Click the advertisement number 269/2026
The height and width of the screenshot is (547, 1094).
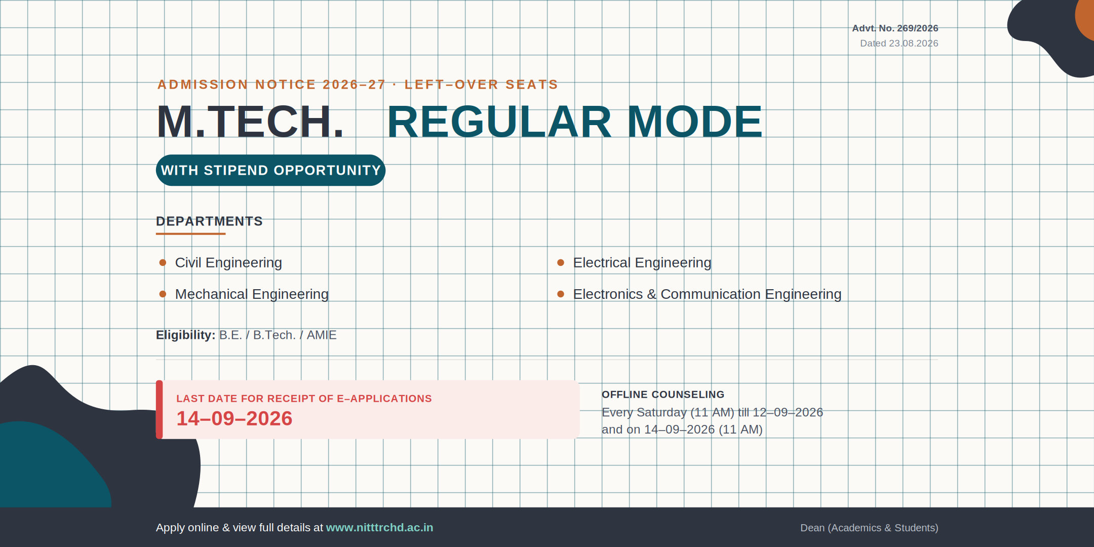click(x=917, y=28)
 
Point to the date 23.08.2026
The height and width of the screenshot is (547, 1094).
click(x=914, y=44)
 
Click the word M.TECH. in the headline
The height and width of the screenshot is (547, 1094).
click(x=250, y=122)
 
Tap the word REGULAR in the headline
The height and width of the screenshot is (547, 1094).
click(x=499, y=122)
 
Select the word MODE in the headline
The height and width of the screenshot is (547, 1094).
click(x=695, y=122)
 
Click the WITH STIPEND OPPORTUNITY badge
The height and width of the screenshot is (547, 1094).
click(x=270, y=170)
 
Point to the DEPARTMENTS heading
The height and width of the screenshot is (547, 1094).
click(x=209, y=221)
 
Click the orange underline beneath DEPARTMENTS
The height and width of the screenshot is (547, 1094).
click(x=190, y=234)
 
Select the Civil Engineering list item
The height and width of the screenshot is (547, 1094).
click(x=228, y=262)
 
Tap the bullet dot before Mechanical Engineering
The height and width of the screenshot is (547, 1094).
click(x=163, y=294)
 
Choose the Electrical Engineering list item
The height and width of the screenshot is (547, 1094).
click(x=642, y=262)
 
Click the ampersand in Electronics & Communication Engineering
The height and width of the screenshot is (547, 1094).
click(x=651, y=294)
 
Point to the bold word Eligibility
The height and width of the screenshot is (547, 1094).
click(x=185, y=335)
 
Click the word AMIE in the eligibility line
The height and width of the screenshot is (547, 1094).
click(x=322, y=335)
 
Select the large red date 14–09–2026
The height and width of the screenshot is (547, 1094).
click(x=235, y=418)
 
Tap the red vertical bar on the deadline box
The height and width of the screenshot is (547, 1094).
click(x=159, y=410)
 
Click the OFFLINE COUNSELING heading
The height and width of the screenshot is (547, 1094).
click(x=663, y=395)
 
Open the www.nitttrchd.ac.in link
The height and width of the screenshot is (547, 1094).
click(x=379, y=528)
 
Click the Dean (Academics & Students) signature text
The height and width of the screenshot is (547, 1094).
click(x=869, y=528)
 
